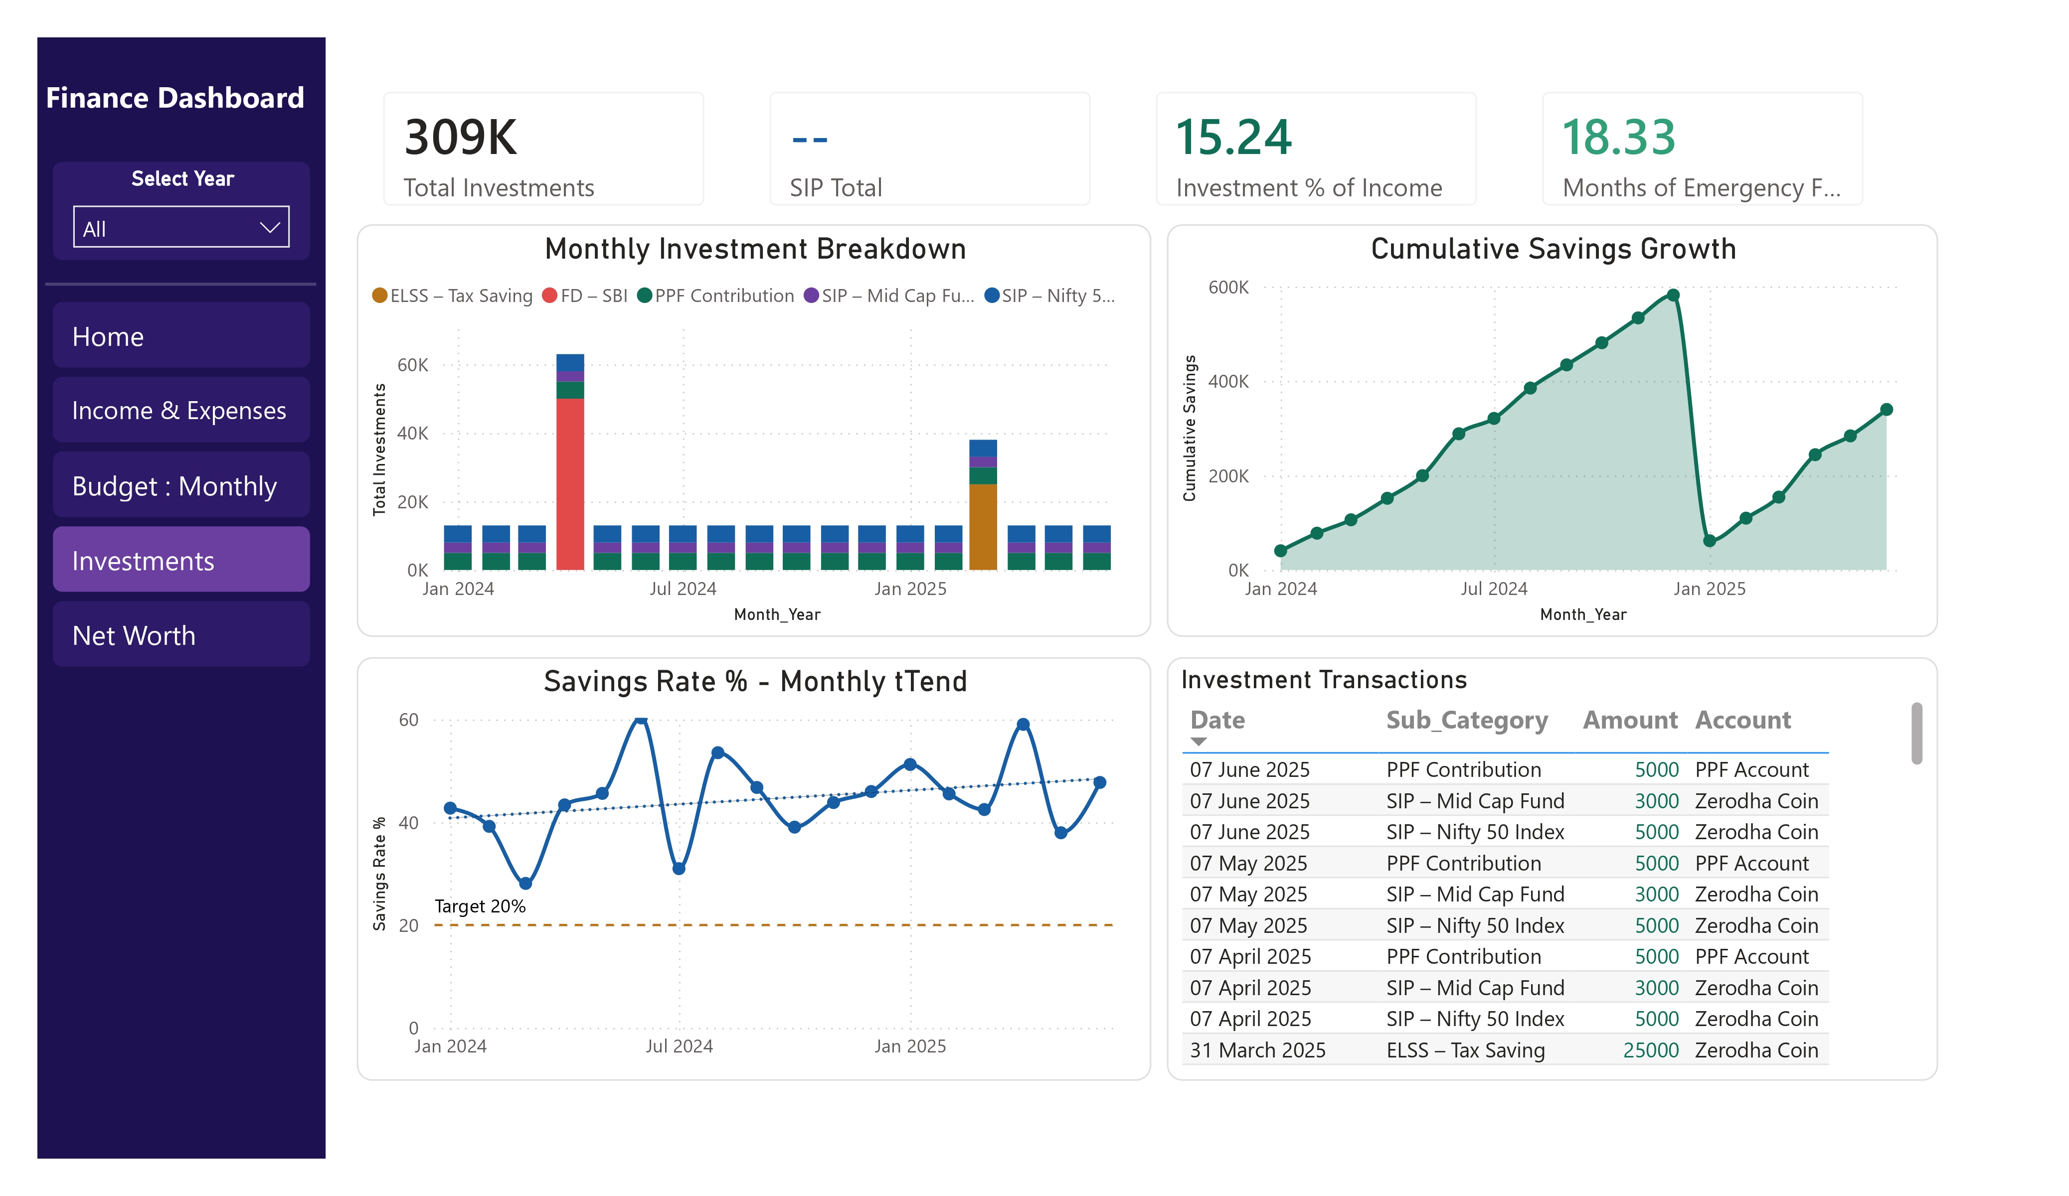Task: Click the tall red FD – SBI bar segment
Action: [x=570, y=483]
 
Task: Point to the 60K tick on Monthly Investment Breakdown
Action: [x=412, y=365]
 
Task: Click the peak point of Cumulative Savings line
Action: [x=1673, y=295]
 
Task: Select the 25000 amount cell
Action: [x=1650, y=1050]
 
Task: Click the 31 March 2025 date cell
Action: [x=1258, y=1050]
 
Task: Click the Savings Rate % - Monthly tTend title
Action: [x=755, y=681]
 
